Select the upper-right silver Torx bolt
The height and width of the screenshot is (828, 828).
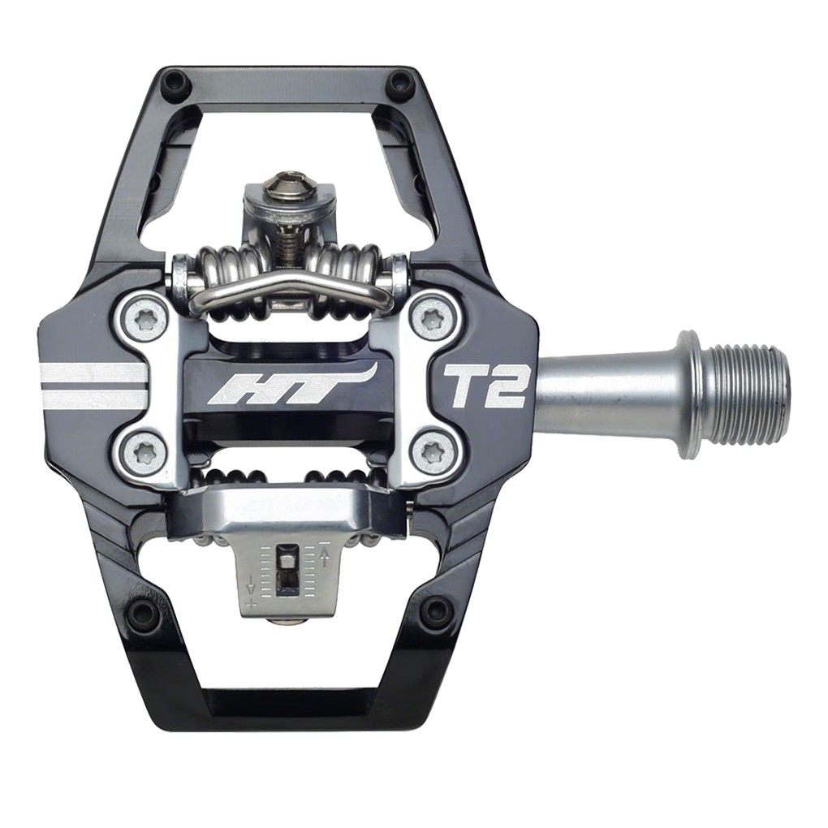[x=432, y=319]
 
